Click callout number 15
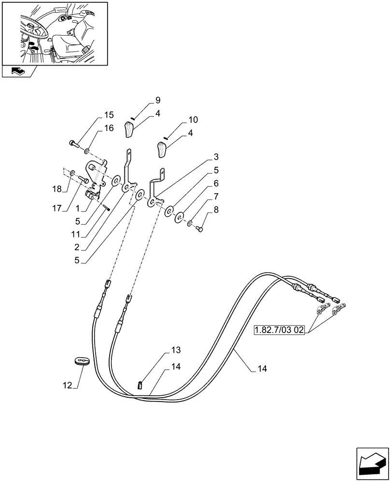109,115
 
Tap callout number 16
109,128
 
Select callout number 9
157,100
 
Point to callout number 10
179,119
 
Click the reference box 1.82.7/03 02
280,331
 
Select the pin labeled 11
106,207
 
